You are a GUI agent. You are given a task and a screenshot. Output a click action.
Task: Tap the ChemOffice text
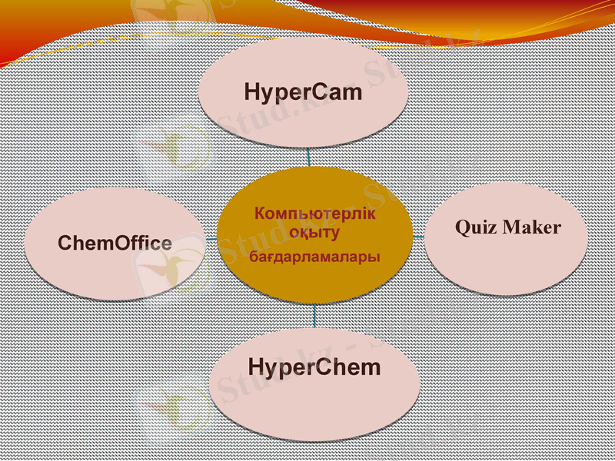click(115, 244)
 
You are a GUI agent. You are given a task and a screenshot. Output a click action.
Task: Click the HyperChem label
click(314, 366)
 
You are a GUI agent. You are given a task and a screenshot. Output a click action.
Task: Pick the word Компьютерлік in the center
click(315, 214)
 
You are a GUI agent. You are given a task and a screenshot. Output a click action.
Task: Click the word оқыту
click(315, 231)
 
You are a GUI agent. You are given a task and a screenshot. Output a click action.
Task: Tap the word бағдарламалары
click(315, 257)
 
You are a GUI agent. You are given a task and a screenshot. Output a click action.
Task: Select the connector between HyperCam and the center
click(309, 157)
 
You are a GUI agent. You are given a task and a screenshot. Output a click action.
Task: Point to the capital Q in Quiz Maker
click(463, 227)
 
